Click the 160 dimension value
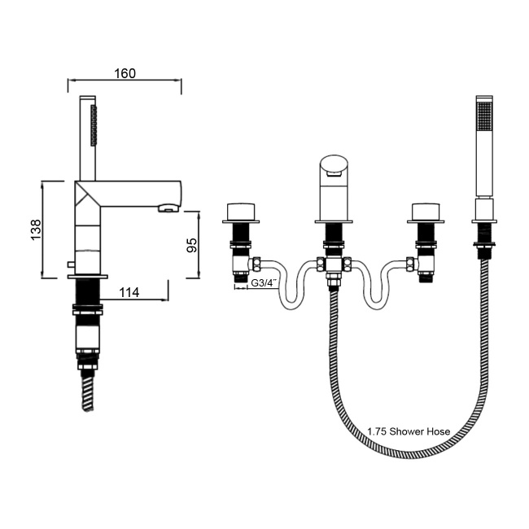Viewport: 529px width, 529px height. coord(125,73)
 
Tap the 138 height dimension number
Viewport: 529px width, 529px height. coord(35,230)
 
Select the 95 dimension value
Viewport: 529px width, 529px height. coord(192,245)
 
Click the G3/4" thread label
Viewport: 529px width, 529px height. coord(264,283)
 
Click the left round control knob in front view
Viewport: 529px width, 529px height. coord(241,209)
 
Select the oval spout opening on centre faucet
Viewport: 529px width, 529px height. coord(332,166)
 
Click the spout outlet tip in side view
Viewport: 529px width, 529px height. coord(167,209)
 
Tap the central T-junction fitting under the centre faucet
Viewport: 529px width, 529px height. coord(333,266)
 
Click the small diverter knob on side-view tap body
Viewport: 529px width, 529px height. coord(71,265)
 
